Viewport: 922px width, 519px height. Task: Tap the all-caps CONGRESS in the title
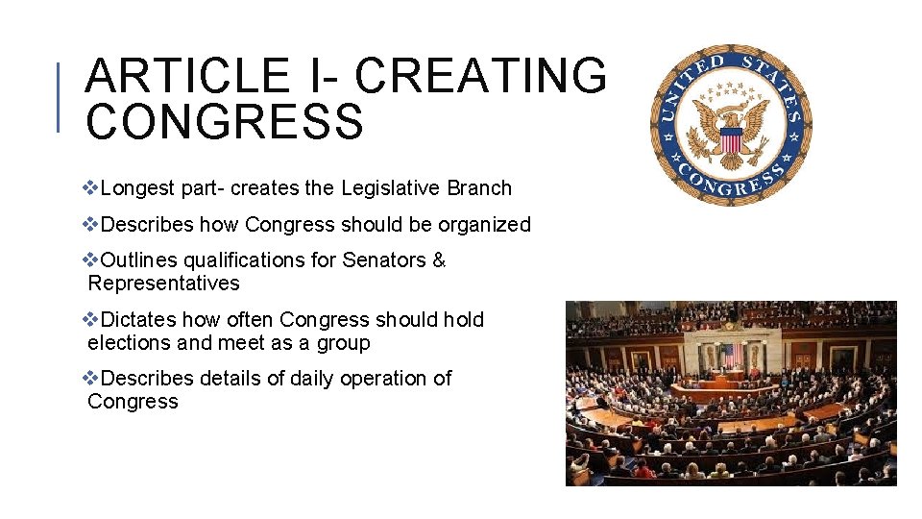pyautogui.click(x=225, y=122)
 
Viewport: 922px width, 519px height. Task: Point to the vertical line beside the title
pyautogui.click(x=60, y=96)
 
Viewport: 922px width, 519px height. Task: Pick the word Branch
pyautogui.click(x=479, y=188)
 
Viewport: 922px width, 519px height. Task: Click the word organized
pyautogui.click(x=484, y=225)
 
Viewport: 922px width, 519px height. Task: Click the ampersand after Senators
pyautogui.click(x=439, y=260)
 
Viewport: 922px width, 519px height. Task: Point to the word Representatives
pyautogui.click(x=163, y=284)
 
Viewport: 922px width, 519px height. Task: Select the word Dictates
pyautogui.click(x=138, y=320)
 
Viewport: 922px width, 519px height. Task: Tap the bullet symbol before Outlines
pyautogui.click(x=92, y=260)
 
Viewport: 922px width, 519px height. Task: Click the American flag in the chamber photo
pyautogui.click(x=727, y=356)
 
